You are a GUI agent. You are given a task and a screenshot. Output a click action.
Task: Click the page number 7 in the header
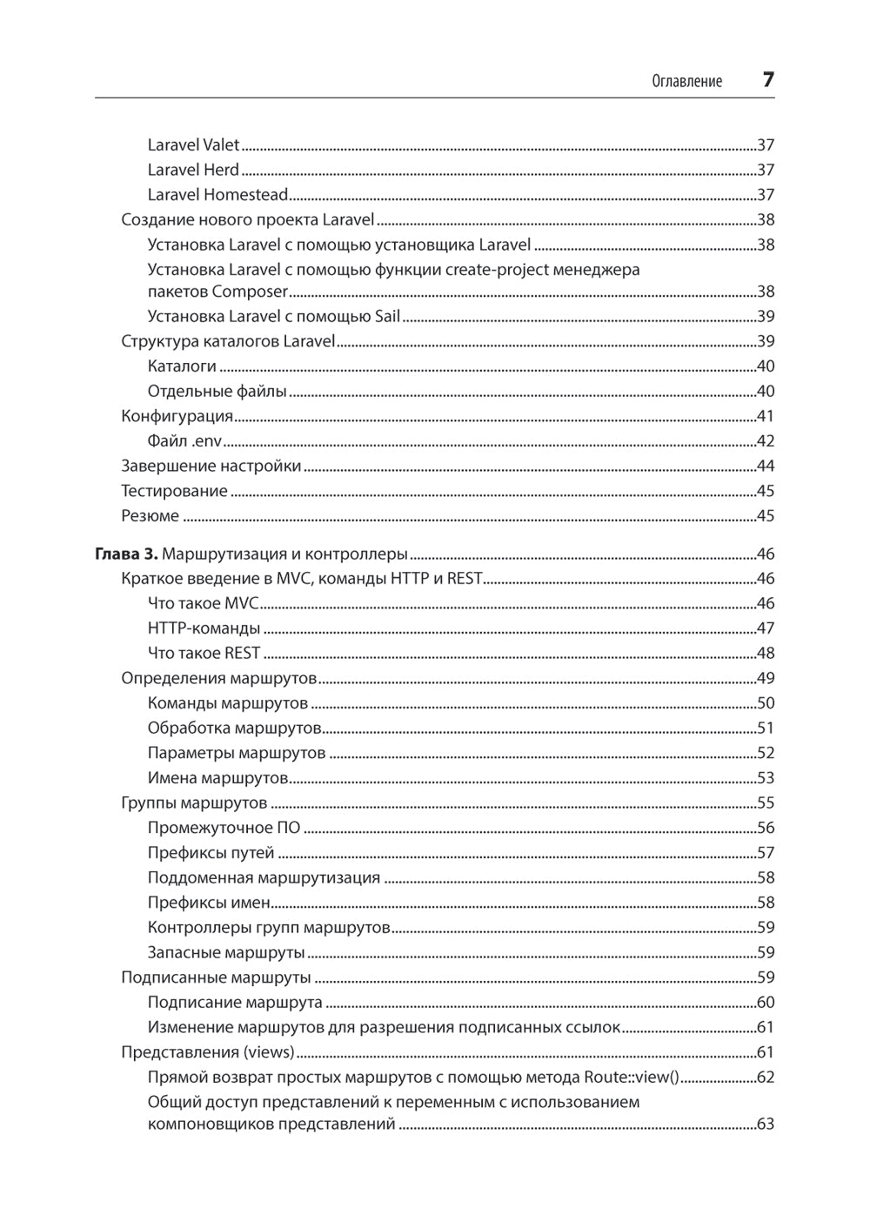pyautogui.click(x=767, y=80)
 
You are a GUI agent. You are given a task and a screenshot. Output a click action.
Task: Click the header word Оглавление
pyautogui.click(x=686, y=82)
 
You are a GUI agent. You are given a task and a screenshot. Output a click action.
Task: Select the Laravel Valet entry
pyautogui.click(x=193, y=145)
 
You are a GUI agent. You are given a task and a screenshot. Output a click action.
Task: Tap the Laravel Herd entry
pyautogui.click(x=193, y=170)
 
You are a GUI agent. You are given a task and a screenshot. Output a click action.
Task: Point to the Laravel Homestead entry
pyautogui.click(x=217, y=195)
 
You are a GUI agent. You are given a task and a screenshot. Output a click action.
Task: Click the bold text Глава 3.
pyautogui.click(x=126, y=554)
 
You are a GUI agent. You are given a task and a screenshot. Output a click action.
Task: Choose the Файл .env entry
pyautogui.click(x=184, y=441)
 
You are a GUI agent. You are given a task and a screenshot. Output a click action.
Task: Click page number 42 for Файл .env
pyautogui.click(x=765, y=441)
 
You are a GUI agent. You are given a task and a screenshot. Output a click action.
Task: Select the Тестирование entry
pyautogui.click(x=174, y=491)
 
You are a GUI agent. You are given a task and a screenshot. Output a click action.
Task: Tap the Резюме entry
pyautogui.click(x=151, y=516)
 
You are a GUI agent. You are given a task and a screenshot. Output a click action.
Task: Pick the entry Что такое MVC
pyautogui.click(x=204, y=603)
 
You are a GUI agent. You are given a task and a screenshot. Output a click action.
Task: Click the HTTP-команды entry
pyautogui.click(x=204, y=628)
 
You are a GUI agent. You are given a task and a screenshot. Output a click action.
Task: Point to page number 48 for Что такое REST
pyautogui.click(x=765, y=653)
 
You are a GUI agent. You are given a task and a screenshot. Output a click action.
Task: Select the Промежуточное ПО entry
pyautogui.click(x=224, y=828)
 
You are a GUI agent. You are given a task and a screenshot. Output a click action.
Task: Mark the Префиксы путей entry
pyautogui.click(x=211, y=853)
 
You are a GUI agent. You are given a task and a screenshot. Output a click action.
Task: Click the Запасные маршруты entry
pyautogui.click(x=226, y=952)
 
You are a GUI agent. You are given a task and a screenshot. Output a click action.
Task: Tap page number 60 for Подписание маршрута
pyautogui.click(x=765, y=1003)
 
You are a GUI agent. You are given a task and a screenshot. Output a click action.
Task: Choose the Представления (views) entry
pyautogui.click(x=208, y=1052)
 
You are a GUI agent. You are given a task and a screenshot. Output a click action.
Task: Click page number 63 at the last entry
pyautogui.click(x=765, y=1124)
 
